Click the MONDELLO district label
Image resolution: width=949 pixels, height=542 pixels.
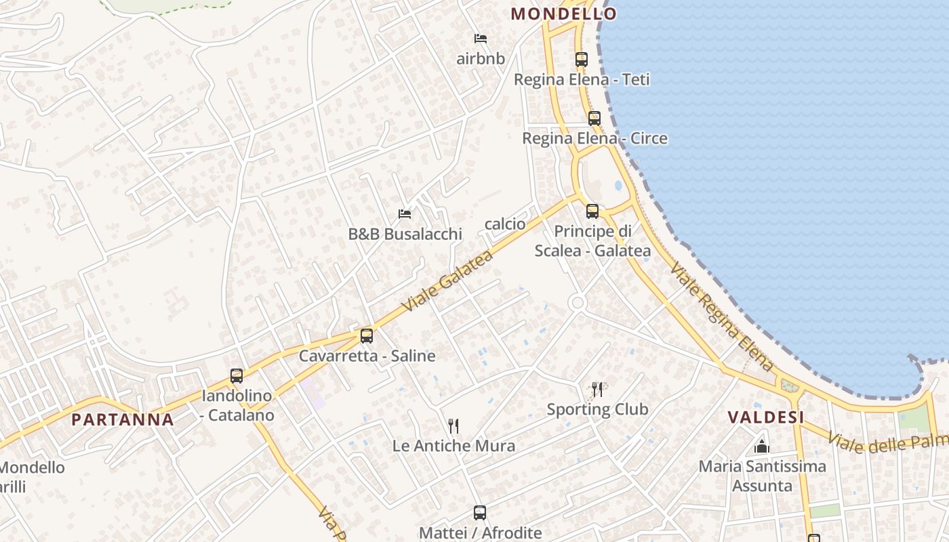(563, 14)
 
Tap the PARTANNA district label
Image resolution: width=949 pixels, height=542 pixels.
(123, 419)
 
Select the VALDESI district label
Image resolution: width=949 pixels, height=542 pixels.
(766, 417)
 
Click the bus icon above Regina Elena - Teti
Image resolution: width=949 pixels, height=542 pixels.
(581, 59)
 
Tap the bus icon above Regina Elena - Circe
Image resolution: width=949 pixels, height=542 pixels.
(594, 118)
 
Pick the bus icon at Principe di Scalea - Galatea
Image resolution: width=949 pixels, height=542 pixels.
(592, 211)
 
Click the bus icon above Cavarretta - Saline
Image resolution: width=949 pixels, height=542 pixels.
(366, 335)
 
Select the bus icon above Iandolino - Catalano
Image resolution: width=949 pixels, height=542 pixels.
(236, 375)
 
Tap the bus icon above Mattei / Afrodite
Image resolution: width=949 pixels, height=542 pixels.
(479, 512)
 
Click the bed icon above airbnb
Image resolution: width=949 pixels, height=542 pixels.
(480, 38)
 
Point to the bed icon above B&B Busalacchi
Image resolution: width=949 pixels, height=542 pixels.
(405, 213)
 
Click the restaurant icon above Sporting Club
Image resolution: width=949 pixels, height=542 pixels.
(597, 389)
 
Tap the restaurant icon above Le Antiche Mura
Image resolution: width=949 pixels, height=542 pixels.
(453, 425)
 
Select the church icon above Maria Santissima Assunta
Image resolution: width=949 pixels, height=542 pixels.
(762, 446)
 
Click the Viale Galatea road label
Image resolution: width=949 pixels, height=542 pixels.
(447, 280)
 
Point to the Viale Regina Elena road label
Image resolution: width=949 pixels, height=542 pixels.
(722, 317)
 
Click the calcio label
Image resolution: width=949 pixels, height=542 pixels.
(505, 224)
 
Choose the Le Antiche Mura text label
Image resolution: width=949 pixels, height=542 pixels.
(453, 446)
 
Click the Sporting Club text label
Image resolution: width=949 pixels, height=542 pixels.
(597, 409)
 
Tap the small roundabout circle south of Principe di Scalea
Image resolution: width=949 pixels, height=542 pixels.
(577, 302)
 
